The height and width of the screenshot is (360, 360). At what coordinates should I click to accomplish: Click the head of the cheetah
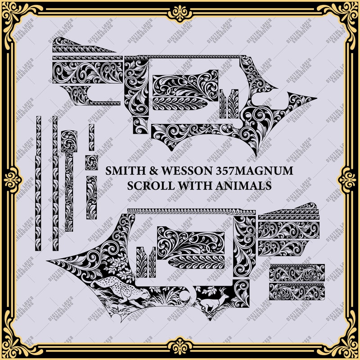tap(145, 293)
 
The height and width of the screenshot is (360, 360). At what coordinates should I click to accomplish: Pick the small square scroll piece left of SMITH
tap(91, 162)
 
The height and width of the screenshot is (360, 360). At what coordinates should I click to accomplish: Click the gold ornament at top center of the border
tap(180, 10)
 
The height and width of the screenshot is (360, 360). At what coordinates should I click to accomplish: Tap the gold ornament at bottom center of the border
tap(180, 350)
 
